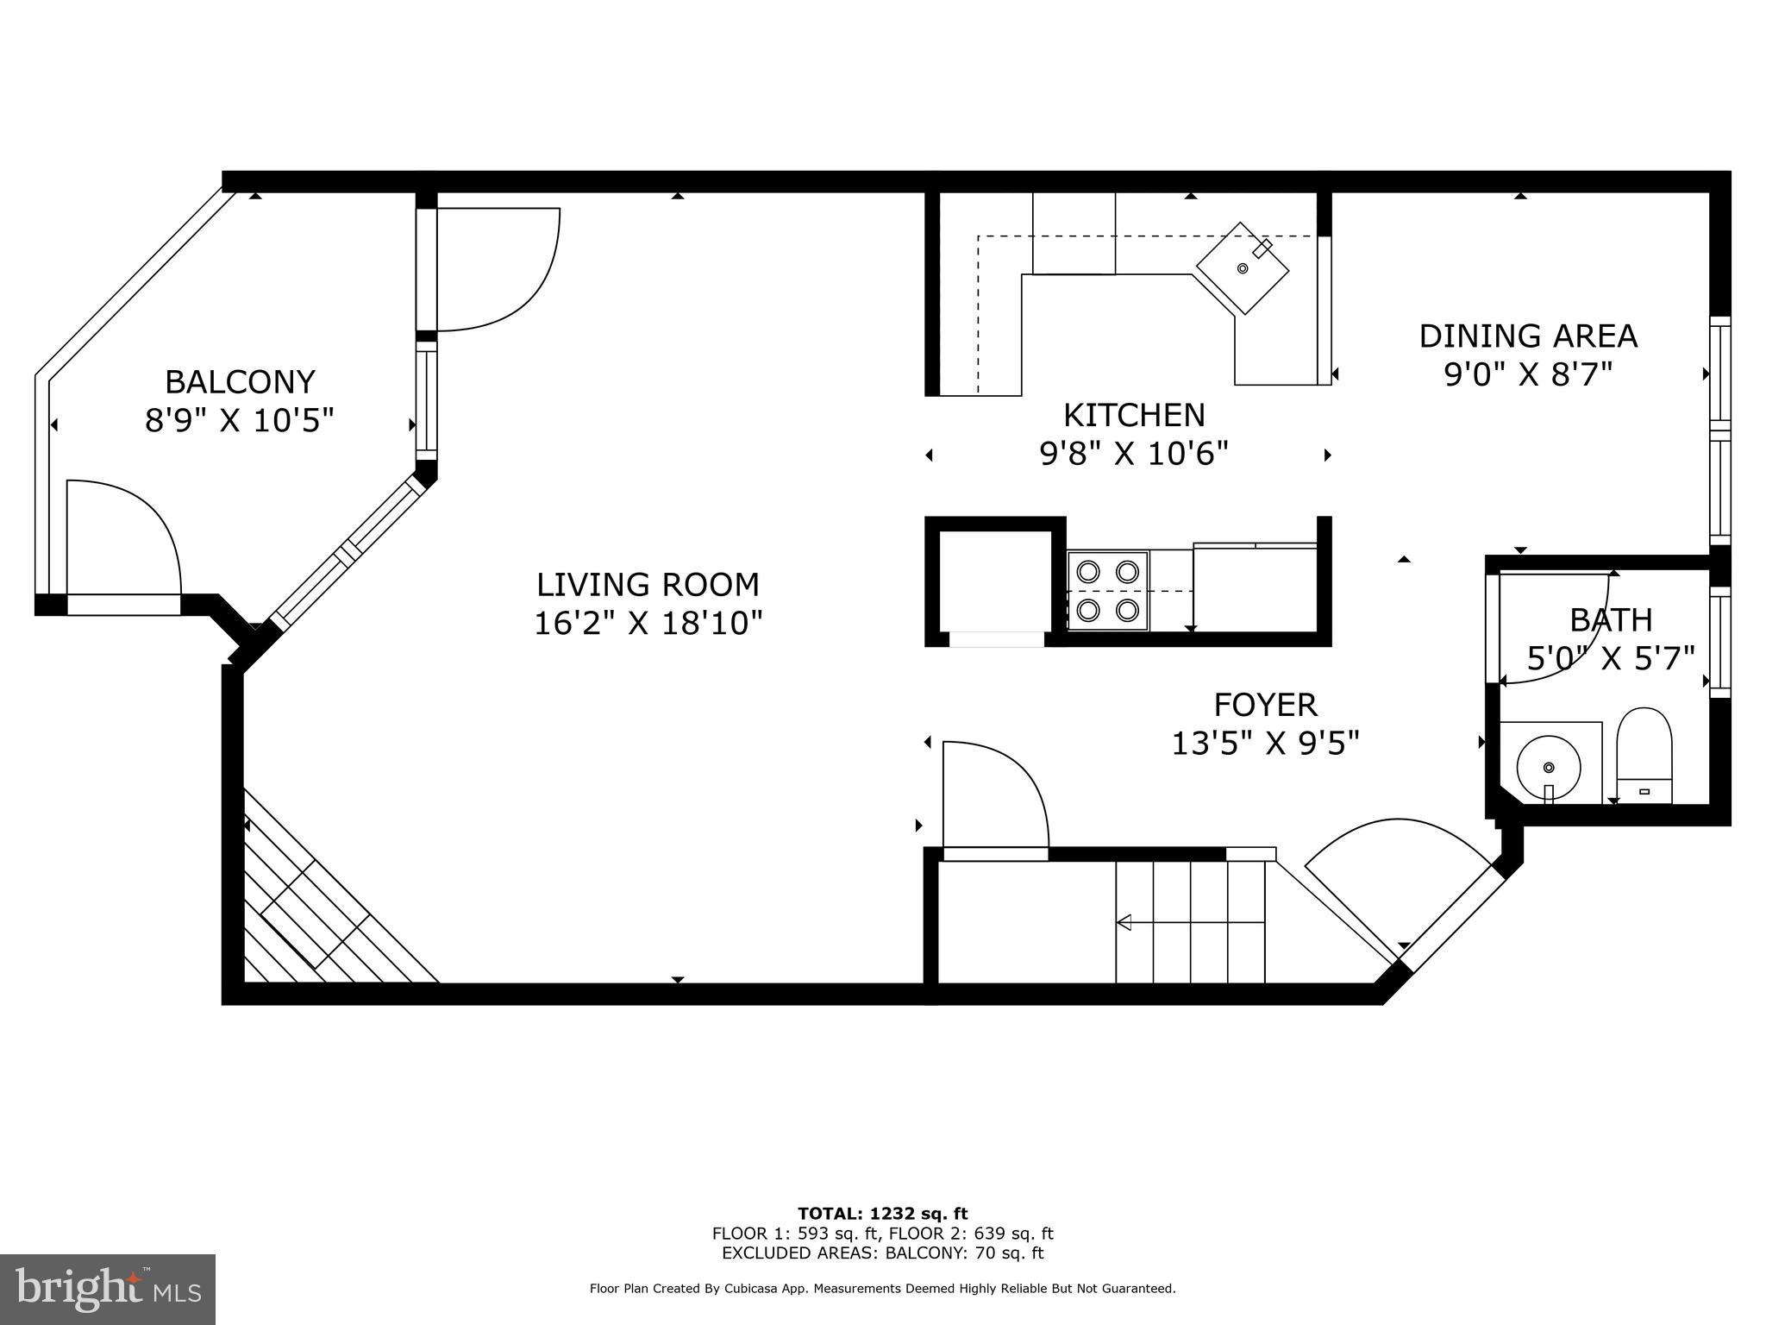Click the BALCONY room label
click(240, 380)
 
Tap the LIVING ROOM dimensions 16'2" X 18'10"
click(648, 623)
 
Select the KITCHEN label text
click(1133, 415)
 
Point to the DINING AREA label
click(1527, 336)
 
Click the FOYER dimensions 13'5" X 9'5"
click(1264, 743)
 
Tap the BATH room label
click(1610, 619)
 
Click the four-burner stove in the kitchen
click(1107, 591)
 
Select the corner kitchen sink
click(1242, 268)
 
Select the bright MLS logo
click(107, 1289)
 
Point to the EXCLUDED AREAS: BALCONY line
click(882, 1253)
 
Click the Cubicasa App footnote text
click(882, 1289)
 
